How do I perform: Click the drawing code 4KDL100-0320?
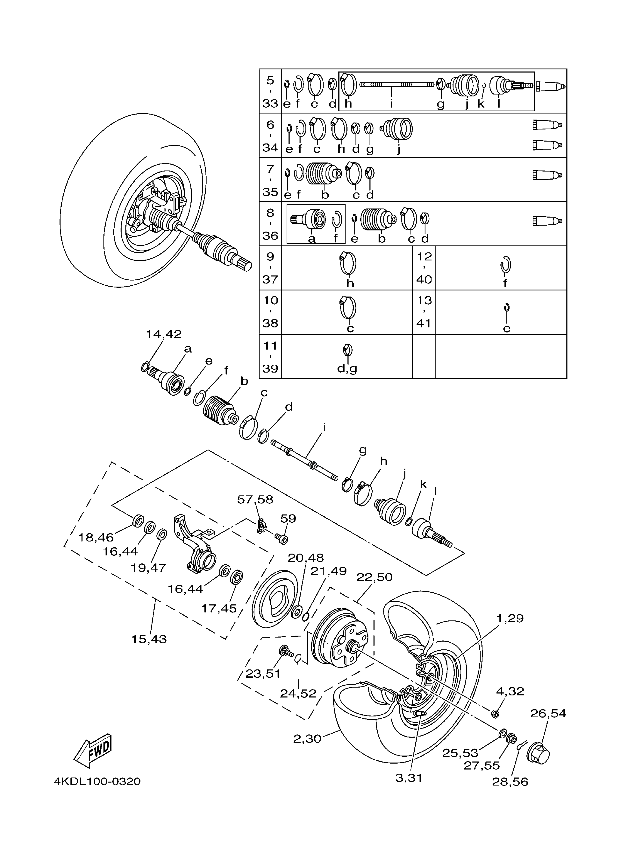(x=97, y=782)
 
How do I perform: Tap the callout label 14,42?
(x=164, y=334)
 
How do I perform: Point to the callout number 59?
(x=288, y=519)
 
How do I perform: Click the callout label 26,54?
(x=548, y=714)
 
